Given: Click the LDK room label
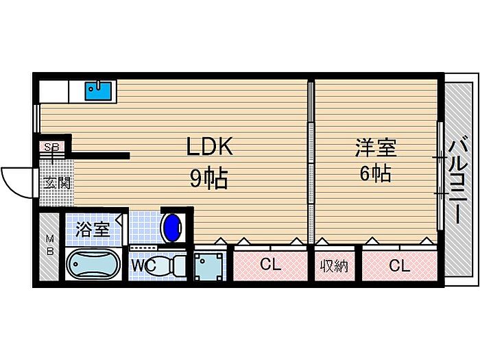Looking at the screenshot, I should pos(211,147).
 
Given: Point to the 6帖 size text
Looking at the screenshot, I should pos(375,173).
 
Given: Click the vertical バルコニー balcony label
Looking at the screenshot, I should pos(458,182).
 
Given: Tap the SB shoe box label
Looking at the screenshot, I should pos(51,146).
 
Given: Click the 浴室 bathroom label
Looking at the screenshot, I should pos(92,229).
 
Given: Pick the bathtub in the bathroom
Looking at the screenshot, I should pos(93,265).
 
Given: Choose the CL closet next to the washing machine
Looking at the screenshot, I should pos(270,265).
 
